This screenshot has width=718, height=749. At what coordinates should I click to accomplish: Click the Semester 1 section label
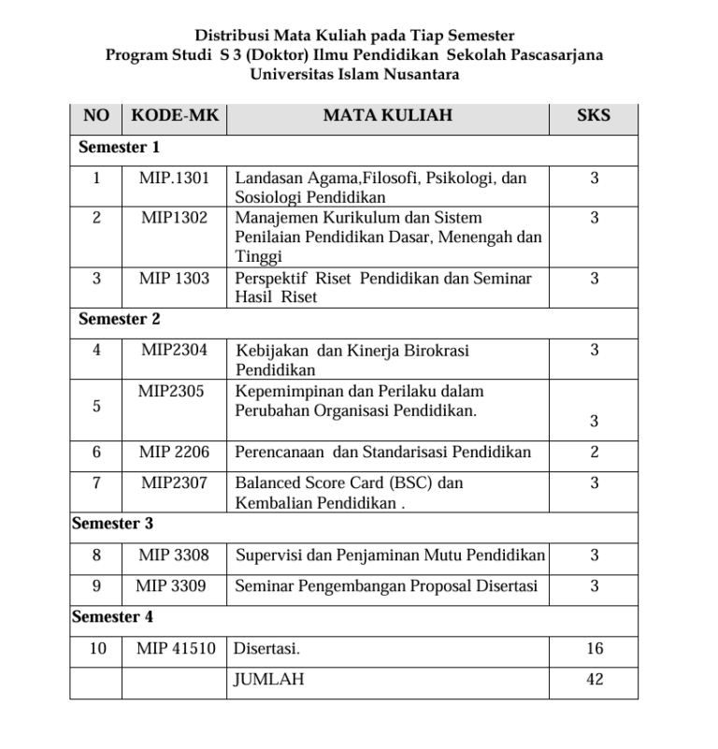pos(119,147)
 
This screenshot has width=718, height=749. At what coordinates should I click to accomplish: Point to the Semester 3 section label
pos(112,523)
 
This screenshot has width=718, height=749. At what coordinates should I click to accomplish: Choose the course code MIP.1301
pos(174,177)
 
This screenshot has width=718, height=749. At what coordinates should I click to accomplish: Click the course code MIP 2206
pos(174,452)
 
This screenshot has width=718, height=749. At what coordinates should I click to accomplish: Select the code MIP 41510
pos(176,648)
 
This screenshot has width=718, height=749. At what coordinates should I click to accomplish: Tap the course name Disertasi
pos(266,648)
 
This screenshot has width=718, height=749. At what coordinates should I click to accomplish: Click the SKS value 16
pos(595,648)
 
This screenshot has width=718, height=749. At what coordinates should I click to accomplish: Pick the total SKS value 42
pos(595,679)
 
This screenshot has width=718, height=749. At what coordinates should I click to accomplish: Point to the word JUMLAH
pos(268,679)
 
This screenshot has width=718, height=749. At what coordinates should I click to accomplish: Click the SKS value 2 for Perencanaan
pos(595,452)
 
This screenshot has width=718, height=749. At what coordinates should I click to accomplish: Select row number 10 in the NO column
pos(97,648)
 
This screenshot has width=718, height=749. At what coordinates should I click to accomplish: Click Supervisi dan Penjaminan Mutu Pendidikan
pos(390,555)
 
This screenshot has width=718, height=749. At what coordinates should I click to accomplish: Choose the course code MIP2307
pos(174,483)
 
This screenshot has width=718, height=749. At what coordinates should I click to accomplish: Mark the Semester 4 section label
pos(112,616)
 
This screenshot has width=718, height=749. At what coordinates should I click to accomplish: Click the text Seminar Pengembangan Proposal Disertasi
pos(386,586)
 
